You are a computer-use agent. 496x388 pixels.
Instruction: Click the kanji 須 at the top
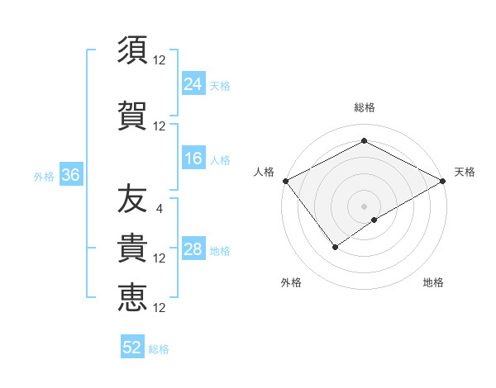[132, 50]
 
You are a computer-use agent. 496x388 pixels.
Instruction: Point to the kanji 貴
[132, 248]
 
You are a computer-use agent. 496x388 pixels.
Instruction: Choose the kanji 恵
[132, 298]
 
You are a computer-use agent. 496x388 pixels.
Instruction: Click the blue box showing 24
[193, 83]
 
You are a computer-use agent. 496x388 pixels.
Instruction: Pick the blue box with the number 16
[193, 159]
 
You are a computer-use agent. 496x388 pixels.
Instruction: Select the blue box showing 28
[193, 249]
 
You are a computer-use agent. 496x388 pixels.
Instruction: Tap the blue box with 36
[70, 175]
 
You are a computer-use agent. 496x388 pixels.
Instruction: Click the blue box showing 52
[132, 348]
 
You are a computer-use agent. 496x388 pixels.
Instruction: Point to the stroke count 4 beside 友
[159, 208]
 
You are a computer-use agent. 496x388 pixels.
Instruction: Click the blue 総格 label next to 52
[159, 349]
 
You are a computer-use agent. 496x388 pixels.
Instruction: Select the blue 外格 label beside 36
[44, 176]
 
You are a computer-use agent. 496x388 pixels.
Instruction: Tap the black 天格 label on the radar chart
[465, 172]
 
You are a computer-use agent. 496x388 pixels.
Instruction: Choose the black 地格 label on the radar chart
[433, 282]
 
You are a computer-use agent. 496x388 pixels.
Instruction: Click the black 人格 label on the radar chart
[265, 172]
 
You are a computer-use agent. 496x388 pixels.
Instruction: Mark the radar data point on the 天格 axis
[444, 180]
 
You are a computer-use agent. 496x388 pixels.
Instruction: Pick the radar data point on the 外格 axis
[336, 246]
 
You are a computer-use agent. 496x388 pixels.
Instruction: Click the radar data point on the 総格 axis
[364, 141]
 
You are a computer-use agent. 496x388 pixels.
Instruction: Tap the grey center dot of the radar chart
[364, 206]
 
